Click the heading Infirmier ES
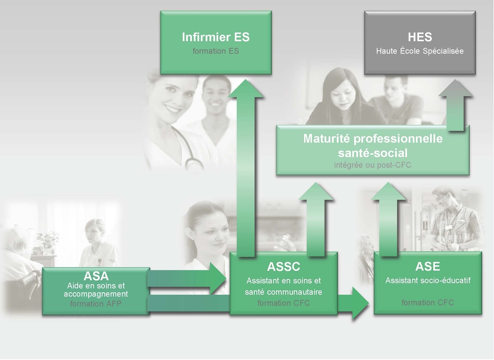(x=216, y=37)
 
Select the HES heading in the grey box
(x=420, y=37)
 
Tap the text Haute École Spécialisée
(x=420, y=51)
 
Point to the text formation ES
(x=216, y=51)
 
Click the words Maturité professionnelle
(x=373, y=139)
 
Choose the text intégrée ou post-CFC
(x=373, y=165)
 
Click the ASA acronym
(x=96, y=276)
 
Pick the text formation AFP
(x=96, y=304)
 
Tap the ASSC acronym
(x=283, y=267)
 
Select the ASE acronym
(x=428, y=266)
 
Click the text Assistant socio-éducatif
(x=428, y=280)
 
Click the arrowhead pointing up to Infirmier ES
(x=246, y=89)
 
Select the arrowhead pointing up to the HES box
(x=455, y=88)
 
